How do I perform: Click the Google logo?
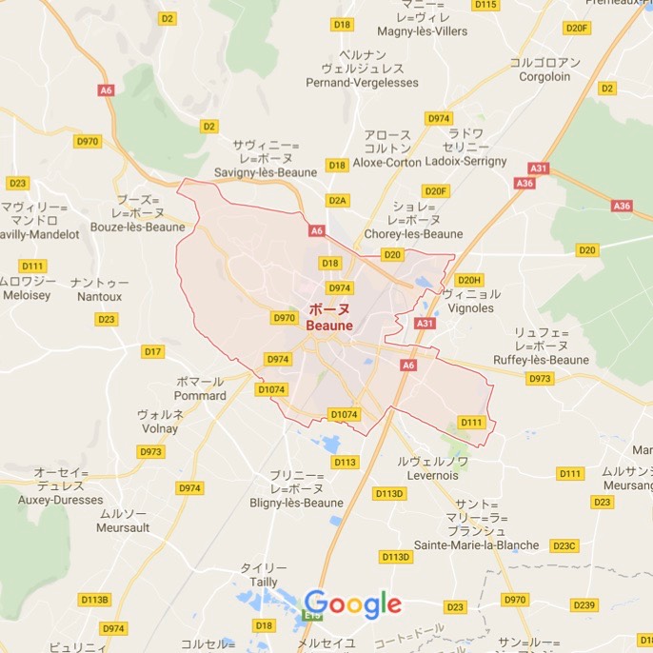coord(352,604)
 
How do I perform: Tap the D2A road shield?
coord(338,201)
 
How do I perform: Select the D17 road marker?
coord(152,352)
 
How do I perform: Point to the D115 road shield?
coord(485,5)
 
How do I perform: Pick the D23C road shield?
coord(564,545)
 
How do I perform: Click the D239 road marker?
coord(584,605)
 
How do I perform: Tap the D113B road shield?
coord(95,600)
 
